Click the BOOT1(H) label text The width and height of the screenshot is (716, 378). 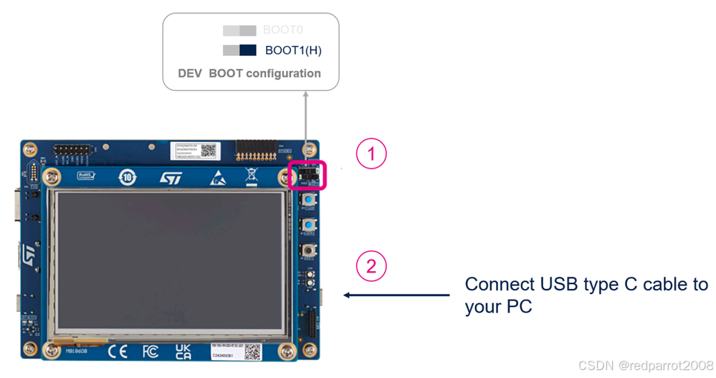(292, 50)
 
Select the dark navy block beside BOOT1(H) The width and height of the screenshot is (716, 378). (248, 50)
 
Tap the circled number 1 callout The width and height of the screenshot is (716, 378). (371, 153)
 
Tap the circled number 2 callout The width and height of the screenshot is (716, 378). (371, 266)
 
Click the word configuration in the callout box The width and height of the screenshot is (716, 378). (283, 73)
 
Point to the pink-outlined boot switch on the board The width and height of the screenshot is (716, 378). (307, 176)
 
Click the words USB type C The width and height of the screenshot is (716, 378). (587, 284)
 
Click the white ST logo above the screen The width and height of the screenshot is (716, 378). (171, 177)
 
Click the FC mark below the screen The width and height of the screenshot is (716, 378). (151, 352)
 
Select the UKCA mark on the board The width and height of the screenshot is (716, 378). (183, 351)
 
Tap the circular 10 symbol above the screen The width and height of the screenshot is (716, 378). (127, 176)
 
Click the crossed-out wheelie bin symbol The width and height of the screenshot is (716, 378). (252, 177)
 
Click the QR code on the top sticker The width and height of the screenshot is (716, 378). (209, 151)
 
